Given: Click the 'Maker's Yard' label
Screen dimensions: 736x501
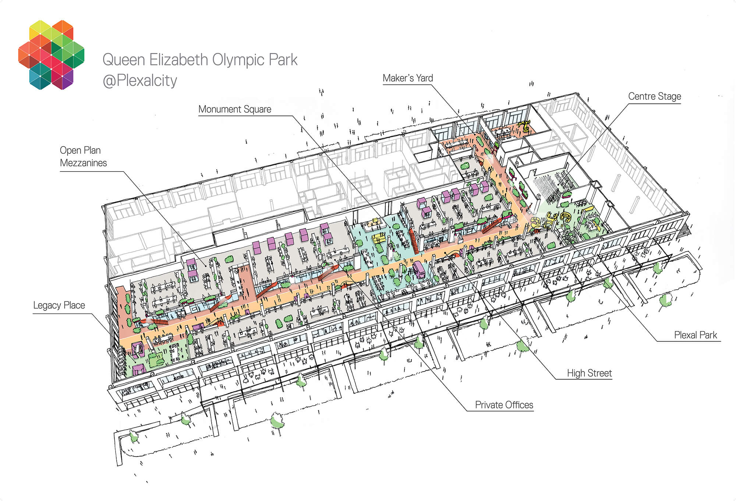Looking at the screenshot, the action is point(408,78).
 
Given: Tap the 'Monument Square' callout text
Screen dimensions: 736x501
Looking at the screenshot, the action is point(235,109).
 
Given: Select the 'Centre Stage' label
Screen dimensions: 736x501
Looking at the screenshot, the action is point(655,96).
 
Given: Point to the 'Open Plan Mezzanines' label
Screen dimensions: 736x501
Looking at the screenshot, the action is point(84,156).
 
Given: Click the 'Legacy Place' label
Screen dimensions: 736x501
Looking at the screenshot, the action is point(59,305).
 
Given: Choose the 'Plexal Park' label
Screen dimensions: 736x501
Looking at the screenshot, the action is point(696,335).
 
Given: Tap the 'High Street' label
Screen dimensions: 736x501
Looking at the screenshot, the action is point(590,373).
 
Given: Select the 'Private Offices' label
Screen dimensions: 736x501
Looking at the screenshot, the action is point(504,405).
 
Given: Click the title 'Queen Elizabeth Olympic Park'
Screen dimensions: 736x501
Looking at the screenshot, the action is point(200,60).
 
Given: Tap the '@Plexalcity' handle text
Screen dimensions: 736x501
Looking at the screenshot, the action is point(140,81).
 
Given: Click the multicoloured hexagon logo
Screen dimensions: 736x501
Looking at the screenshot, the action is point(51,55).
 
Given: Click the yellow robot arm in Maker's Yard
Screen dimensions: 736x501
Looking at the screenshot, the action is point(525,126).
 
